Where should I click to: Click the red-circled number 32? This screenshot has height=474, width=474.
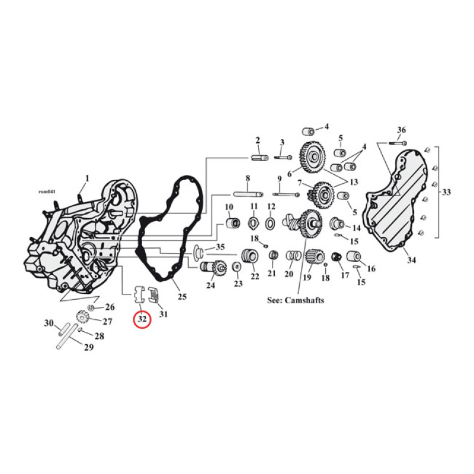(x=142, y=319)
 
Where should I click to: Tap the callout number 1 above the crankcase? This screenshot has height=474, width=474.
(x=87, y=178)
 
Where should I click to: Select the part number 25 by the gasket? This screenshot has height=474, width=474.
(x=182, y=296)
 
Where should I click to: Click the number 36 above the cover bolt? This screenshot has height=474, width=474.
(x=401, y=130)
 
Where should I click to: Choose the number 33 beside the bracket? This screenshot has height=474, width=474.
(x=446, y=192)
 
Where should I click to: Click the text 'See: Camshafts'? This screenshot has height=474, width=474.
(x=296, y=300)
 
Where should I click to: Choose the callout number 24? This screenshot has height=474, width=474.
(x=210, y=286)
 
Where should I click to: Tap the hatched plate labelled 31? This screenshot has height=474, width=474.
(x=153, y=294)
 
